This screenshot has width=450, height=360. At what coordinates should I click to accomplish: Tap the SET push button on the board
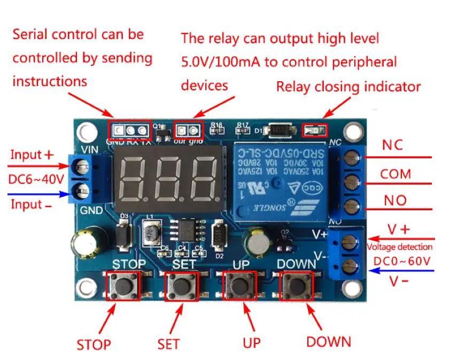pos(181,286)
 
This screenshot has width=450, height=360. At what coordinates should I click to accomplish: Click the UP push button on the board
pos(239,285)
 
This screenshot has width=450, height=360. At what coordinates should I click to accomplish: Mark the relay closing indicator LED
pos(313,129)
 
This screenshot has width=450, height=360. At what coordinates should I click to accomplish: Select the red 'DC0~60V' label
pos(402,261)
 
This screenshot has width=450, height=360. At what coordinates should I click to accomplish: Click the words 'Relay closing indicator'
pos(348,87)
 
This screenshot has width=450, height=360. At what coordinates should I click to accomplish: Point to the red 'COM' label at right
pos(395,174)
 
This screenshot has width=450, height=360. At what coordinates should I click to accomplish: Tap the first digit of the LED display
pos(132,178)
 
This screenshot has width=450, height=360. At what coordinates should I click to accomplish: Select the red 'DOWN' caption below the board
pos(329,341)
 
